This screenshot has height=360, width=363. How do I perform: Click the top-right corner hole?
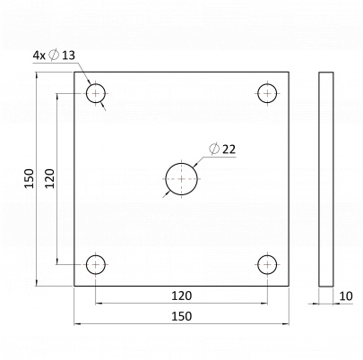pos(267,92)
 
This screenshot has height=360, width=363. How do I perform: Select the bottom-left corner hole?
pos(96,263)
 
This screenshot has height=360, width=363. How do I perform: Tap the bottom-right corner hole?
pos(267,263)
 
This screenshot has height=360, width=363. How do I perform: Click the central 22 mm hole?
pos(182,178)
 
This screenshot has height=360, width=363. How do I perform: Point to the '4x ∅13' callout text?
pos(55,56)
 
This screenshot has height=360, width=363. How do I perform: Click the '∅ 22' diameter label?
pos(221,149)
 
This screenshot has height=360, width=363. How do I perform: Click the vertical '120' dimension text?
pos(50,178)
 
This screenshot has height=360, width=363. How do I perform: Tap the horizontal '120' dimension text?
pos(182,294)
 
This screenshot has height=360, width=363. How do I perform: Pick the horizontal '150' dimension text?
pos(182,315)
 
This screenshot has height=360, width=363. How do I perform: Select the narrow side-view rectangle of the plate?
pos(325,178)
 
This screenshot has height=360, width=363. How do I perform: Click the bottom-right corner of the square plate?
pos(290,286)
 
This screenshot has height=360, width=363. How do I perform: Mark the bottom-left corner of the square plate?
pos(74,286)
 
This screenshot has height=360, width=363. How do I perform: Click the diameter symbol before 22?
pos(213,149)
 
